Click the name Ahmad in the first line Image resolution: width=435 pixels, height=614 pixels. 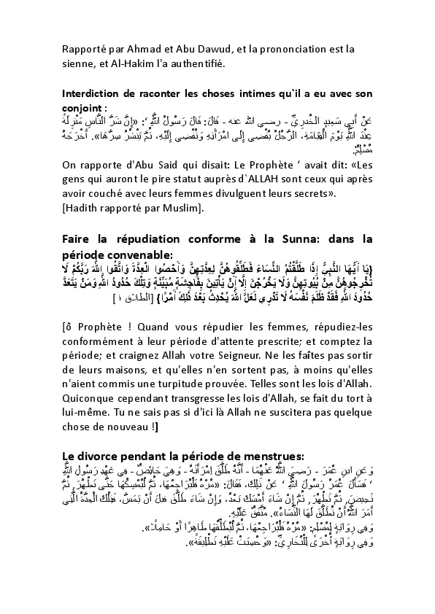pyautogui.click(x=150, y=49)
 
